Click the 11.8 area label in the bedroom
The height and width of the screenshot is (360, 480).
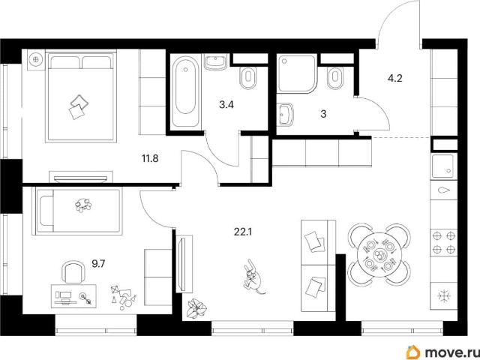pyautogui.click(x=150, y=158)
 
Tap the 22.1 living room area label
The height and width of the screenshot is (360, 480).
pyautogui.click(x=243, y=232)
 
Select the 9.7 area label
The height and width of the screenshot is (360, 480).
pyautogui.click(x=98, y=263)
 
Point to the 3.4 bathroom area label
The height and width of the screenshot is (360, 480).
pyautogui.click(x=226, y=105)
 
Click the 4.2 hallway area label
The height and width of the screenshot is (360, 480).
pyautogui.click(x=395, y=79)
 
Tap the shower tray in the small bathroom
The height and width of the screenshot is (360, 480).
pyautogui.click(x=297, y=73)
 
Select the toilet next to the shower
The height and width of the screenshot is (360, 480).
pyautogui.click(x=335, y=77)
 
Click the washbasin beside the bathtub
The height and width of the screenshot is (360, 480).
pyautogui.click(x=216, y=62)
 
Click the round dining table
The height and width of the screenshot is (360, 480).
pyautogui.click(x=379, y=254)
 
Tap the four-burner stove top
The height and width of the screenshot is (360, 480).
pyautogui.click(x=443, y=242)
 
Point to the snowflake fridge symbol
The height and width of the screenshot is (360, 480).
pyautogui.click(x=444, y=296)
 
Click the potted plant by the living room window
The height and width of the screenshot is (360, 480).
pyautogui.click(x=196, y=308)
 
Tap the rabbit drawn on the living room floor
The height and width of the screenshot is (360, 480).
pyautogui.click(x=254, y=277)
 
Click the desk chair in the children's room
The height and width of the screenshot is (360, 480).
pyautogui.click(x=73, y=271)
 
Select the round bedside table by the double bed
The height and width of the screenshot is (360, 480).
pyautogui.click(x=36, y=58)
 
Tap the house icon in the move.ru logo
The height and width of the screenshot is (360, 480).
pyautogui.click(x=413, y=352)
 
